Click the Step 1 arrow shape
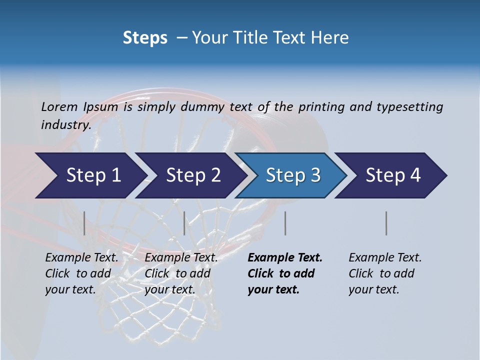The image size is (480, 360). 93,175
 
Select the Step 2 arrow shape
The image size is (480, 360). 193,175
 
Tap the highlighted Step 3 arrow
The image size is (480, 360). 293,175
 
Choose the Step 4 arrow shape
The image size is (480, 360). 393,175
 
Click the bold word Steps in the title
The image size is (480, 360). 145,38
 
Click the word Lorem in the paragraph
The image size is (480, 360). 59,106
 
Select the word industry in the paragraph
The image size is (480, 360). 66,125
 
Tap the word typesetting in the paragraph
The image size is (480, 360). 409,107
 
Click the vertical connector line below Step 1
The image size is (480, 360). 84,223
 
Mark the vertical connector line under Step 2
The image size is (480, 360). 184,223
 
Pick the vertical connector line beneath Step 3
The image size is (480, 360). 285,223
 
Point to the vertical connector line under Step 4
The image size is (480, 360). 386,223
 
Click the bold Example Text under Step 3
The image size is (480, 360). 285,258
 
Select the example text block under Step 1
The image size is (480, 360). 81,273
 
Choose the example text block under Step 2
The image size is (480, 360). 180,273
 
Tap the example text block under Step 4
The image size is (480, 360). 384,273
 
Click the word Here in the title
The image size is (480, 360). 331,38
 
